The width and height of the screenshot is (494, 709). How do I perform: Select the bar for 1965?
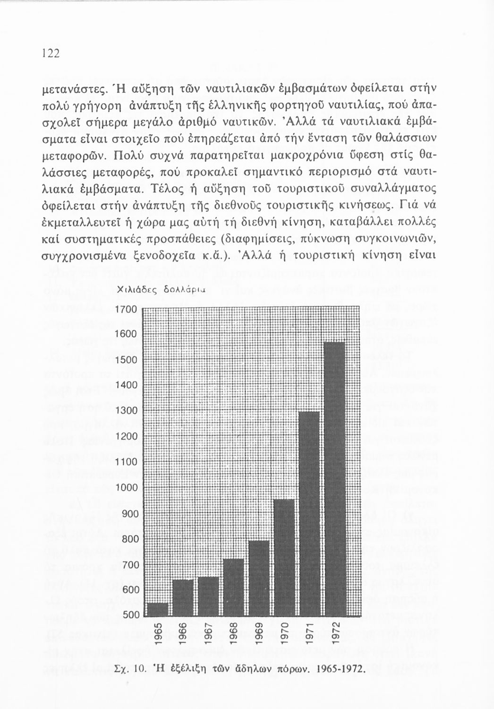(158, 610)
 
